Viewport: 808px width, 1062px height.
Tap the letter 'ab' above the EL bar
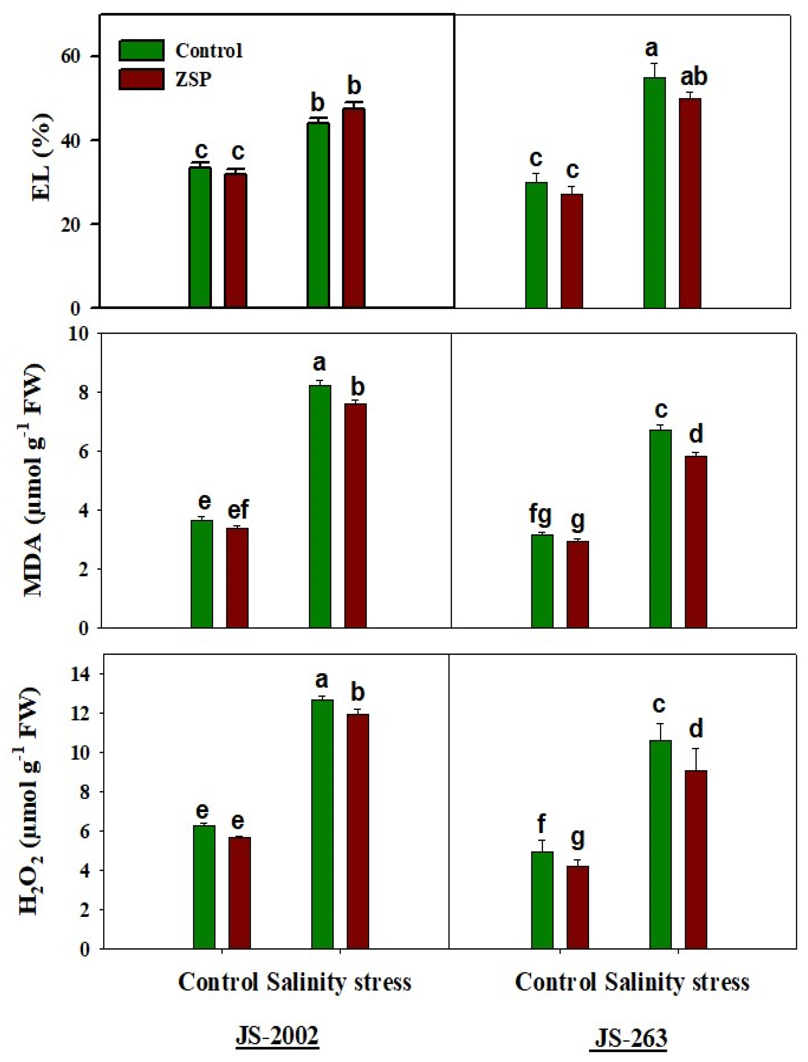pyautogui.click(x=694, y=77)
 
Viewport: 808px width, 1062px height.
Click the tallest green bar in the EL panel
pyautogui.click(x=654, y=192)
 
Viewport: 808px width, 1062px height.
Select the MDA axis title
pyautogui.click(x=36, y=481)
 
